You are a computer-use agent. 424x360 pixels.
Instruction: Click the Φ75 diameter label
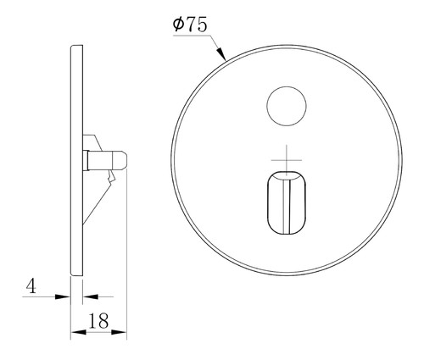pos(190,25)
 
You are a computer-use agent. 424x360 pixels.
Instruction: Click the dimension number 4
pos(31,286)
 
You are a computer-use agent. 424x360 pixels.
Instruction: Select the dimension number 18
pos(98,320)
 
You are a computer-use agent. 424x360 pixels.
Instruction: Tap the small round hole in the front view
pos(287,106)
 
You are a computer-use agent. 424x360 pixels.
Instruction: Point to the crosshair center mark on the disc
pos(287,160)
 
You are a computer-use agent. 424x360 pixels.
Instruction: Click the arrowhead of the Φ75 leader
pos(221,54)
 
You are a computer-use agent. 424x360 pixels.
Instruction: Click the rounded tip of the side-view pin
pos(124,160)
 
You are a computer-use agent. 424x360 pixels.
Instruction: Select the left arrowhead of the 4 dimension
pos(62,296)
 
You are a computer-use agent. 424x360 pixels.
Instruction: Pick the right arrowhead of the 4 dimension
pos(90,296)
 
